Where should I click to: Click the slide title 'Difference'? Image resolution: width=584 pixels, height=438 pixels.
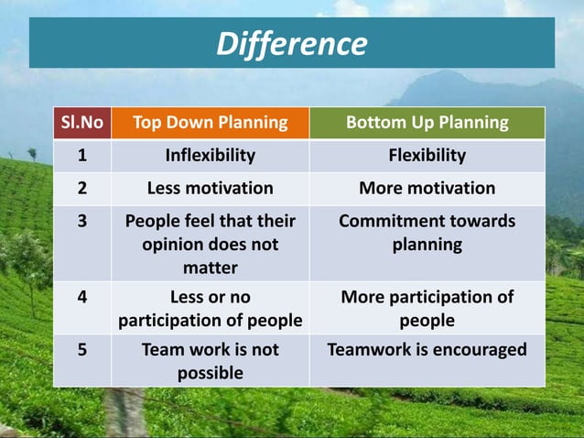(291, 43)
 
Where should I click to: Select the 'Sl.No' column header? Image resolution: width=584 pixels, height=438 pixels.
(81, 123)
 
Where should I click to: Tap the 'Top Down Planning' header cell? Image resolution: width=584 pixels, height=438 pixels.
(211, 123)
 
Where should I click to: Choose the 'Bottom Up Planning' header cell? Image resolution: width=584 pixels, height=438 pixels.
(427, 123)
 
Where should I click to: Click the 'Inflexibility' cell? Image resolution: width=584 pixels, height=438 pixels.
(211, 155)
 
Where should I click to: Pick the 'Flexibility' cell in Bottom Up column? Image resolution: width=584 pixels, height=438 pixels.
(427, 155)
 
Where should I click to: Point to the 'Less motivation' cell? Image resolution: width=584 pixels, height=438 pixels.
(211, 188)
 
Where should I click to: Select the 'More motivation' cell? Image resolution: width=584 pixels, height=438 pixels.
(427, 188)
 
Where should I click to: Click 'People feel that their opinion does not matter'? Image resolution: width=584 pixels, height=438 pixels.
(211, 245)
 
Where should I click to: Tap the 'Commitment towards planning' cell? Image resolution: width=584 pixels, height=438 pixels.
(427, 234)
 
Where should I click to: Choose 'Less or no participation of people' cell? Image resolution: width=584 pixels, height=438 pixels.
(211, 309)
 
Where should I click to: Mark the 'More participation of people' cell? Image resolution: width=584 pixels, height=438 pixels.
(427, 309)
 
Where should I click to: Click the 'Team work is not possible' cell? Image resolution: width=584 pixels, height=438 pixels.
(211, 361)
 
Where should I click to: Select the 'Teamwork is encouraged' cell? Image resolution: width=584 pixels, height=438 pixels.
(427, 350)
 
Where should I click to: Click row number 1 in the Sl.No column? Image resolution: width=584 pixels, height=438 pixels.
(81, 155)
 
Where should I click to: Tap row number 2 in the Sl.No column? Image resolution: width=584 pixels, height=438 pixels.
(81, 188)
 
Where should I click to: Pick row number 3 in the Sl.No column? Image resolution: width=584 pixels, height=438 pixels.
(81, 222)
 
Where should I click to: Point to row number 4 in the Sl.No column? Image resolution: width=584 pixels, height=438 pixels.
(81, 298)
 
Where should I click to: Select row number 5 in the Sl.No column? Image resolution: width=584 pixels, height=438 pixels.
(81, 350)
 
